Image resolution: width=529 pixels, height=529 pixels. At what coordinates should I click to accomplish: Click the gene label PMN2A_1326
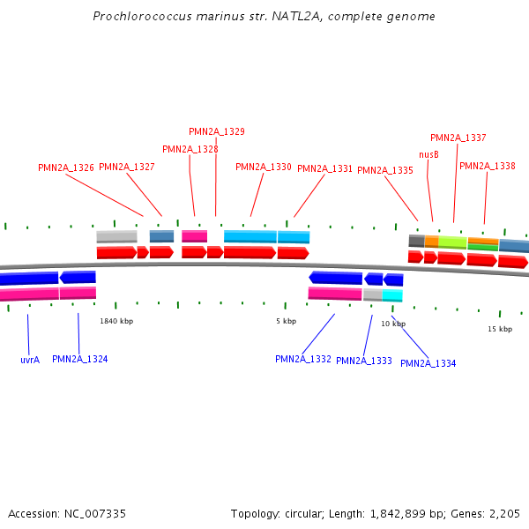(66, 168)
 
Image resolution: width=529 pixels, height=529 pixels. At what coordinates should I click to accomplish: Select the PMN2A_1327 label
(127, 167)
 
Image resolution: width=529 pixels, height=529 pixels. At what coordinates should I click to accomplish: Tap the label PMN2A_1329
(217, 131)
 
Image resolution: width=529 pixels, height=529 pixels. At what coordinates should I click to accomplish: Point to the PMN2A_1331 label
(324, 168)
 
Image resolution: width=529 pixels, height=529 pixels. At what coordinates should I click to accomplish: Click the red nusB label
(428, 154)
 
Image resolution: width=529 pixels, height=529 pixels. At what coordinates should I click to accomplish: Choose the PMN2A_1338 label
(487, 166)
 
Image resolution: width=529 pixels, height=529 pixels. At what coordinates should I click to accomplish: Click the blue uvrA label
(30, 360)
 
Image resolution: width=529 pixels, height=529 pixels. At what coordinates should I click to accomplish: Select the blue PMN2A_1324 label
(80, 359)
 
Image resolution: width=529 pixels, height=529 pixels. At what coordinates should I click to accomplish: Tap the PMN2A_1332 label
(303, 359)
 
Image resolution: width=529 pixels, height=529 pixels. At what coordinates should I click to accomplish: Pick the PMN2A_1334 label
(428, 363)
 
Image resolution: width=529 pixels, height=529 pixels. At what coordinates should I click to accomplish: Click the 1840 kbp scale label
(116, 321)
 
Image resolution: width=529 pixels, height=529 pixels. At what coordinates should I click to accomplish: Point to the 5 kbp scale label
(286, 321)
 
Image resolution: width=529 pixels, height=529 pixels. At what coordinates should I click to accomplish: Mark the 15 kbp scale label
(500, 329)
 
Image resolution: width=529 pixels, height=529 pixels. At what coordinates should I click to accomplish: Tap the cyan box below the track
(392, 295)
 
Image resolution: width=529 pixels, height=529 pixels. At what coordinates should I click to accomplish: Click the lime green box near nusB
(452, 242)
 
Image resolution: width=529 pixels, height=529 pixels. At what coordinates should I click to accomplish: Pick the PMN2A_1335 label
(385, 170)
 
